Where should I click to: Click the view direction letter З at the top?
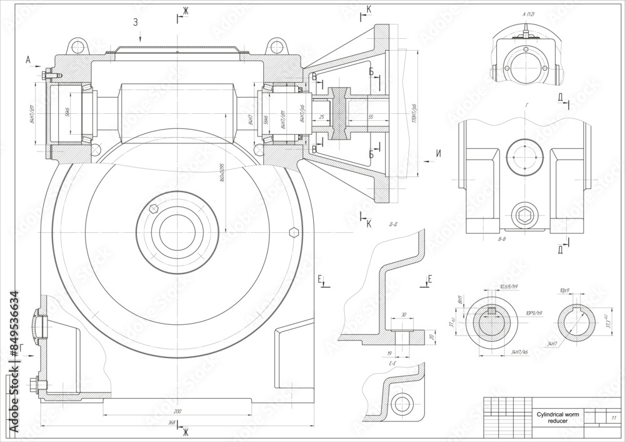click(135, 23)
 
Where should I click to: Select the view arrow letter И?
click(438, 153)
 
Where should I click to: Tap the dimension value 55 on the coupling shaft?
click(370, 117)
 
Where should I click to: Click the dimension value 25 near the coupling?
click(321, 117)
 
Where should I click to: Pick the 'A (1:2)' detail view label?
click(528, 14)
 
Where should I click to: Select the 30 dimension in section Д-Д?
click(403, 315)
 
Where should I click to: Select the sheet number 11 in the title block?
click(613, 418)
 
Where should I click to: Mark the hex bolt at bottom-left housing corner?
click(33, 383)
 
